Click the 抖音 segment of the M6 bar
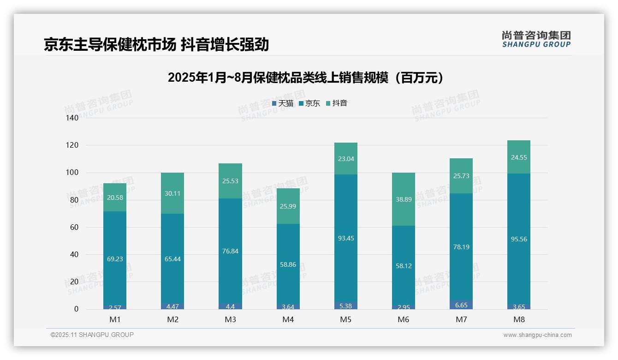403,199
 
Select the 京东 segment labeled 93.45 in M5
345,238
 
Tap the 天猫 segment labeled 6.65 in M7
461,305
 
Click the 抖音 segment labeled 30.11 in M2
172,193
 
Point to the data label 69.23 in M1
115,259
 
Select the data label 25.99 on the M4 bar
288,206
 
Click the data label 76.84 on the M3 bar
230,251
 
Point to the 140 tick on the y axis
72,118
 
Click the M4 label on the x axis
288,319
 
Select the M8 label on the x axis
518,319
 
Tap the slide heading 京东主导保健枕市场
156,45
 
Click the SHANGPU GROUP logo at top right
536,39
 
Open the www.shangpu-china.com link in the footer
537,335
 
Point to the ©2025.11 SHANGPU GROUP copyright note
92,335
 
